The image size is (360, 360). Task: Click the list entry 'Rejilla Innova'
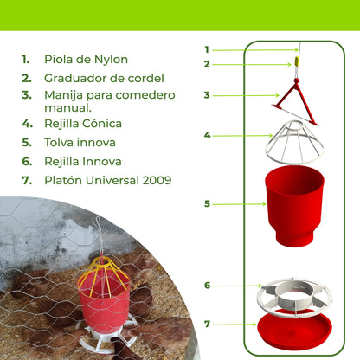(x=83, y=161)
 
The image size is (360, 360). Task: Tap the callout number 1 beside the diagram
(x=207, y=49)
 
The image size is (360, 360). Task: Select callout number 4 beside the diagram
(x=207, y=135)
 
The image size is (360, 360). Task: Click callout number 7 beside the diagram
(x=207, y=324)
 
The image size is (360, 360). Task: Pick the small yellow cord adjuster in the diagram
(x=294, y=63)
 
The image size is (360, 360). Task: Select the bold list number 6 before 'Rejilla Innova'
(x=26, y=161)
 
